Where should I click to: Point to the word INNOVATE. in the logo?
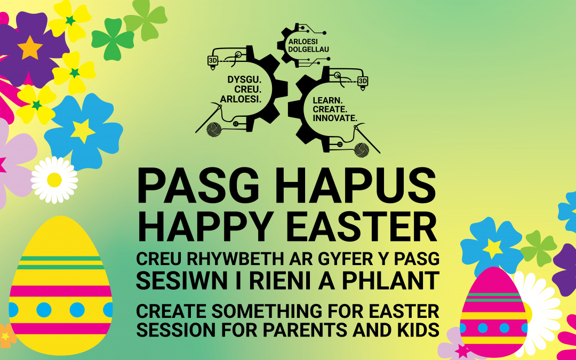coord(334,117)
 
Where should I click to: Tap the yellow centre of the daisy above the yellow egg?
coord(54,180)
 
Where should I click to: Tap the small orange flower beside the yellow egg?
coord(6,335)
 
